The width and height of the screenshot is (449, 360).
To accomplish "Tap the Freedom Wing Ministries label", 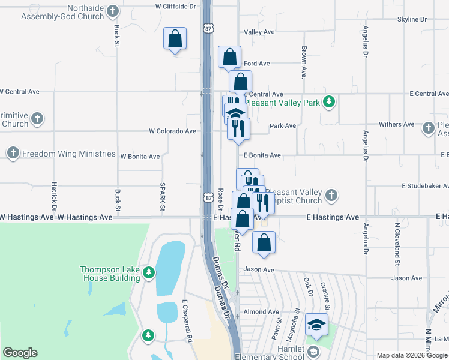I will (68, 154).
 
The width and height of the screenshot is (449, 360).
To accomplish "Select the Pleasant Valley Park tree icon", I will (328, 102).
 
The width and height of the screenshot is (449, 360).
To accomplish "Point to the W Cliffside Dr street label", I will (175, 6).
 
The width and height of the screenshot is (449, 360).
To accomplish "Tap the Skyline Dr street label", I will (412, 19).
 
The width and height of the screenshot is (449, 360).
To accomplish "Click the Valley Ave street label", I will (259, 32).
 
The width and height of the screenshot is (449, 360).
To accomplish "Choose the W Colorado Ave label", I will (173, 131).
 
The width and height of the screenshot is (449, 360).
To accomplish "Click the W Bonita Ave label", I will (140, 157).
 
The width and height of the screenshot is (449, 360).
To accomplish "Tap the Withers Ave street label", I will (397, 124).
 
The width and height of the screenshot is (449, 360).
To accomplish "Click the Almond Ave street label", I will (261, 312).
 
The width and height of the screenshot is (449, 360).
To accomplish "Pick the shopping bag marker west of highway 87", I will (175, 38).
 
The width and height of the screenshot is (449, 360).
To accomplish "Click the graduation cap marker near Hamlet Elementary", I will (316, 325).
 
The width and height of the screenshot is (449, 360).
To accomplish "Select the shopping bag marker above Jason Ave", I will (264, 242).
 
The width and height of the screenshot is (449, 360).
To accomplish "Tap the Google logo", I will (20, 353).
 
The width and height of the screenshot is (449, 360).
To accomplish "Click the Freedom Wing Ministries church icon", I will (13, 154).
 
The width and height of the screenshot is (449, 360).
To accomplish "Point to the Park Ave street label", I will (283, 126).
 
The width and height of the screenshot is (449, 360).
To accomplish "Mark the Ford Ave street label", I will (257, 63).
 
